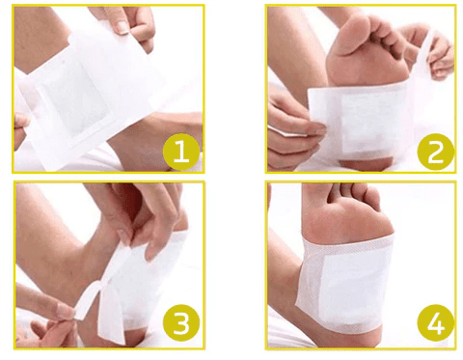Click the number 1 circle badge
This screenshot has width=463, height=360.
[x=181, y=152]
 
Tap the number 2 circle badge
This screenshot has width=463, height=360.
[x=435, y=152]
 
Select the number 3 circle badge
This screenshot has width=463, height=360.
[x=181, y=322]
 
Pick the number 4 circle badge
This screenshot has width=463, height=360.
[x=435, y=322]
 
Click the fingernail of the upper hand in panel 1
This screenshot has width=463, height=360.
[x=123, y=28]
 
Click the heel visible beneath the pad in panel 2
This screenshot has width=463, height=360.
[x=367, y=163]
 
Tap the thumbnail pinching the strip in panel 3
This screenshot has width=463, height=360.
[x=67, y=312]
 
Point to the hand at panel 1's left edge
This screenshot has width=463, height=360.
[x=21, y=128]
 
